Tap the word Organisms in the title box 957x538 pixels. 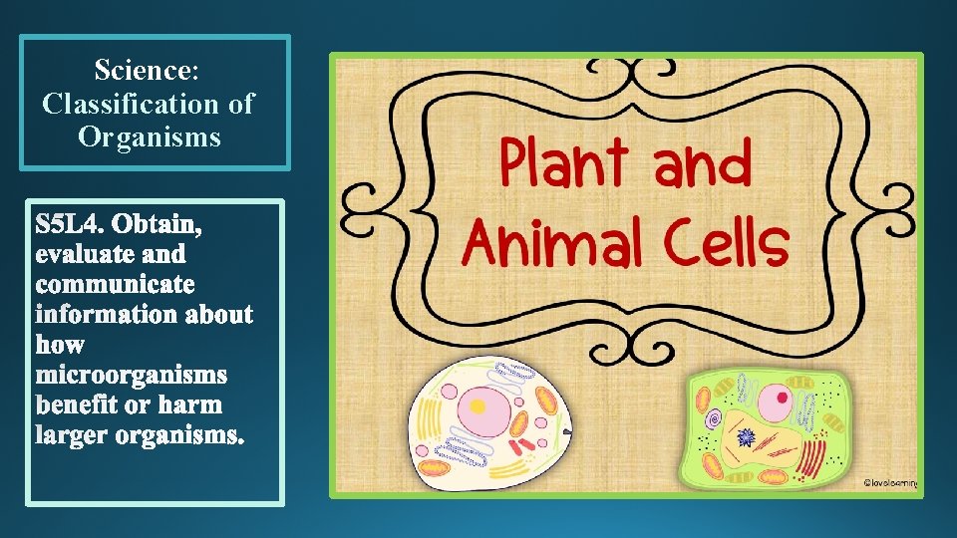(150, 135)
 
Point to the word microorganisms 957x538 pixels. (132, 376)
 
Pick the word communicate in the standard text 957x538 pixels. (116, 285)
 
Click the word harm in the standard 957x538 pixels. (197, 405)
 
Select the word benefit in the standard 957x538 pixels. (81, 405)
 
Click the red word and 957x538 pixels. (702, 167)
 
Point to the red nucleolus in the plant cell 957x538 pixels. (775, 404)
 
